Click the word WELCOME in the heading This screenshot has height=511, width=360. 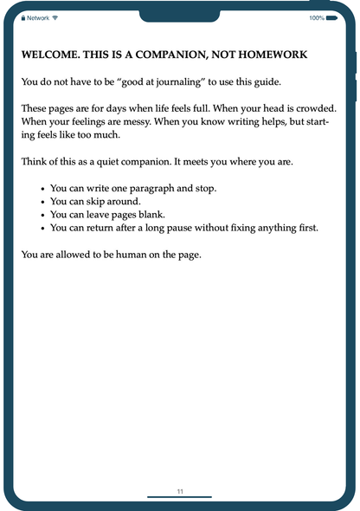click(x=50, y=55)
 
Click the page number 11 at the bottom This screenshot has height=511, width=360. click(x=180, y=491)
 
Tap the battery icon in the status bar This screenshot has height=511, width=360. click(x=332, y=17)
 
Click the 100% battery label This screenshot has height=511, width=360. click(x=316, y=17)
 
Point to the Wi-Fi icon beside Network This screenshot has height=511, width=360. click(x=55, y=17)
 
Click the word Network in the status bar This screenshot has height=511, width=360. click(x=38, y=17)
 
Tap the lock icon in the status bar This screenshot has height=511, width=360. click(x=23, y=17)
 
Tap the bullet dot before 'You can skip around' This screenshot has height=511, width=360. click(x=43, y=202)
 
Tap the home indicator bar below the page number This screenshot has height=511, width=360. click(x=180, y=497)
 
